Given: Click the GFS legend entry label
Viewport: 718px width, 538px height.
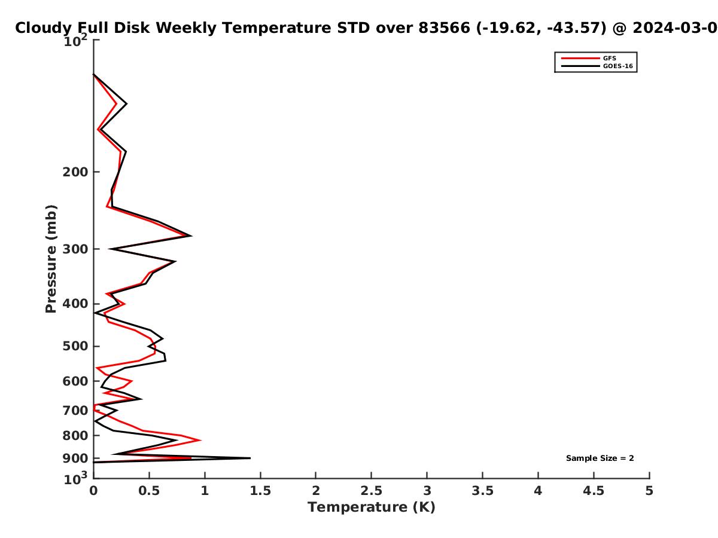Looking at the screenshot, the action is (x=609, y=58).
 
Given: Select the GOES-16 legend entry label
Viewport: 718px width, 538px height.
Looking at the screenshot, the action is (x=617, y=66).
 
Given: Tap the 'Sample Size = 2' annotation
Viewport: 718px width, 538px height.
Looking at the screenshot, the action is (x=600, y=458).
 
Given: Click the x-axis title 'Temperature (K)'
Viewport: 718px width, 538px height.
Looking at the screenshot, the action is (x=372, y=508).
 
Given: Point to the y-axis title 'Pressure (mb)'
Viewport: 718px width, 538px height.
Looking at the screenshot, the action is (x=51, y=259).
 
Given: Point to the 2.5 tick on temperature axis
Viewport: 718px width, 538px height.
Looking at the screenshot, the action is (x=372, y=491).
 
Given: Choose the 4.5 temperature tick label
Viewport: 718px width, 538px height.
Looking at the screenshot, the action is (x=594, y=491).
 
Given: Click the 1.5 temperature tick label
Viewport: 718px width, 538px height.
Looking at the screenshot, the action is (x=260, y=491).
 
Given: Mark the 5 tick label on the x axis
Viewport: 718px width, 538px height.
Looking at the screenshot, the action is (x=649, y=491).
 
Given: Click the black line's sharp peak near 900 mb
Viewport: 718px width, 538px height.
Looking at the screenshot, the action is (x=250, y=458).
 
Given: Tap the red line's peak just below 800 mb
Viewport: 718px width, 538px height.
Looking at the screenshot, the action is (x=200, y=440).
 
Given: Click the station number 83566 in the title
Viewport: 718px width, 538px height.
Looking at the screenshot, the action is (x=444, y=27).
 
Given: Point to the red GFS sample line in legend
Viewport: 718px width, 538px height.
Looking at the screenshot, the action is (x=580, y=58).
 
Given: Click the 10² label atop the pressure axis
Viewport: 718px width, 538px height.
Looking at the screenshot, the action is (x=75, y=41).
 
